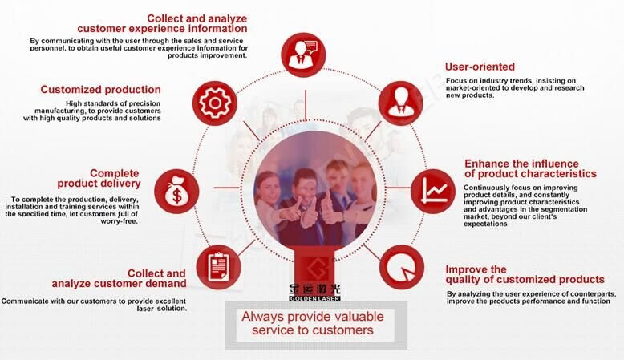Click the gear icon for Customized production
tap(215, 103)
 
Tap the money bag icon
tap(176, 192)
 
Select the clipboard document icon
tap(218, 266)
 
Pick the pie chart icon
tap(401, 267)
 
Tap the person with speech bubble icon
tap(303, 54)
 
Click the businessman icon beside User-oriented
tap(400, 103)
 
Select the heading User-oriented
tap(480, 67)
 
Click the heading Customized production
tap(101, 90)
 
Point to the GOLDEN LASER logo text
tap(314, 298)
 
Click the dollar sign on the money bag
tap(176, 196)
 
